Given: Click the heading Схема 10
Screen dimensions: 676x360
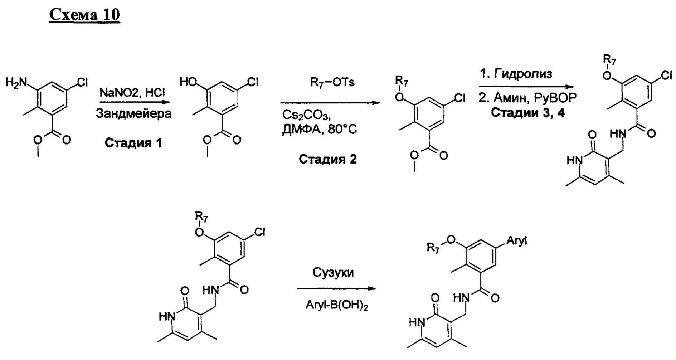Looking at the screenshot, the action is point(84,15).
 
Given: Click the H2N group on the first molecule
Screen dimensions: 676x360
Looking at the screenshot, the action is point(16,83).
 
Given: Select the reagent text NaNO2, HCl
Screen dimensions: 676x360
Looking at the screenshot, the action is point(132,93).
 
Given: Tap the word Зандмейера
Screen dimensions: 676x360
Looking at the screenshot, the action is point(133,114).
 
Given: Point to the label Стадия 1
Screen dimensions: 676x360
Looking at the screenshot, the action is point(133,143).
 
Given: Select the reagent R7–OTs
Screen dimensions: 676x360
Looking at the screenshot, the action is point(332,83).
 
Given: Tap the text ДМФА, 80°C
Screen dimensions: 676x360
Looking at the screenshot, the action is point(319,129).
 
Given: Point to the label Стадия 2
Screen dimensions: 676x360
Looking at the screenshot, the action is point(328,159).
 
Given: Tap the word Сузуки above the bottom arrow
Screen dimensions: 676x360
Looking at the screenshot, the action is point(333,272).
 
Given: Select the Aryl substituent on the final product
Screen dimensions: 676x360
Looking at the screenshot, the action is point(516,241).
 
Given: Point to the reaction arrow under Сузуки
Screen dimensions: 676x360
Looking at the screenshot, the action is point(336,288).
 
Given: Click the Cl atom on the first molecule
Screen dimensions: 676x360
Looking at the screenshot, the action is point(82,83).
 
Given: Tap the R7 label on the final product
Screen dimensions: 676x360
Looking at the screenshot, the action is point(433,248).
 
